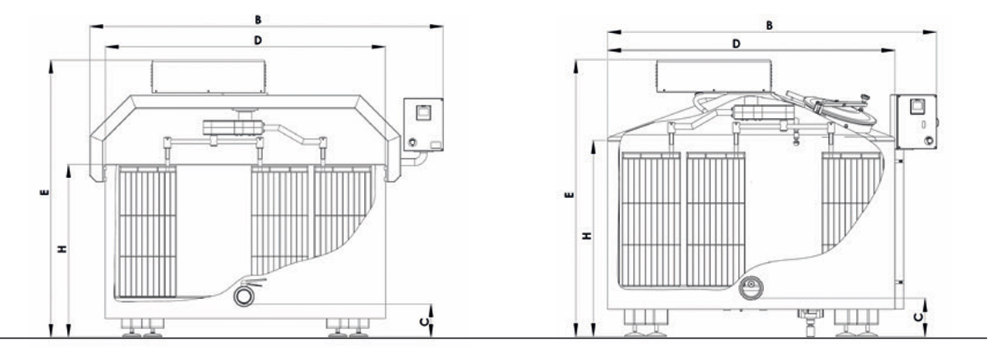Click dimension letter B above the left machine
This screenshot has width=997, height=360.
coord(258,19)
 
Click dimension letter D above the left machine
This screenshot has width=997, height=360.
coord(258,41)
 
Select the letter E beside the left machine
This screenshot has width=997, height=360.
coord(45,193)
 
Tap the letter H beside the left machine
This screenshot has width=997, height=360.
coord(62,249)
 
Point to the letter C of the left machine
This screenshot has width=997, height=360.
coord(425,321)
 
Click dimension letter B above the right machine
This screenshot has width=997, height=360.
coord(769,25)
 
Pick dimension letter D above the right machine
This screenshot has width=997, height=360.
coord(736,44)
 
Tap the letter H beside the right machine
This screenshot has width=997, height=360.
coord(588,235)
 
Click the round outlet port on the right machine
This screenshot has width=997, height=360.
coord(751,288)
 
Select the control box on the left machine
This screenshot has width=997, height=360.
coord(423,125)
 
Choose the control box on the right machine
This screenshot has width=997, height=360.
coord(914,122)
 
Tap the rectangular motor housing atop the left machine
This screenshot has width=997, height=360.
coord(209,77)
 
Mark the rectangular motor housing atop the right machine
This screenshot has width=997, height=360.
coord(713,76)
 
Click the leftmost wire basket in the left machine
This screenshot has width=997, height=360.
coord(147,232)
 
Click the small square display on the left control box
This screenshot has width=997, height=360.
coord(423,112)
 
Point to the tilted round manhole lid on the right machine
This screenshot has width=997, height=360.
coord(831,109)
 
